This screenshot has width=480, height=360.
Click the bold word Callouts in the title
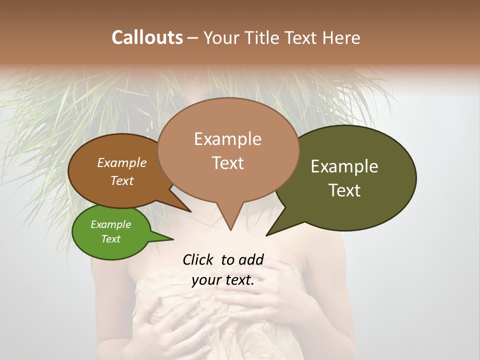tap(147, 37)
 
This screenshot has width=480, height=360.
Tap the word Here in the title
tap(341, 37)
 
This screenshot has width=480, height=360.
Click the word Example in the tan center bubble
tap(227, 139)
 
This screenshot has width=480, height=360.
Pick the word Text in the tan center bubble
tap(227, 163)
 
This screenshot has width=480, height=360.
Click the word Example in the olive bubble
tap(344, 166)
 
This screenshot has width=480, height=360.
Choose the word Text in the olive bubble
tap(344, 190)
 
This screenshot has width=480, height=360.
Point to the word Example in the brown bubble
tap(121, 162)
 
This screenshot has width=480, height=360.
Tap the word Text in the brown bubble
tap(121, 180)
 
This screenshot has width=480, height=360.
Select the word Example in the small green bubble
tap(110, 224)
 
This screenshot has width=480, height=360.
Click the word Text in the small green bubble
tap(110, 239)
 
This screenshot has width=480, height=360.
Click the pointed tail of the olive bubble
tap(267, 234)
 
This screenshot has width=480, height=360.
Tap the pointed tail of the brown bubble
tap(190, 211)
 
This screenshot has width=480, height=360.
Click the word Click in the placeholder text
tap(198, 260)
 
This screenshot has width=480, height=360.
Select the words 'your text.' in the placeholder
tap(222, 280)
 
